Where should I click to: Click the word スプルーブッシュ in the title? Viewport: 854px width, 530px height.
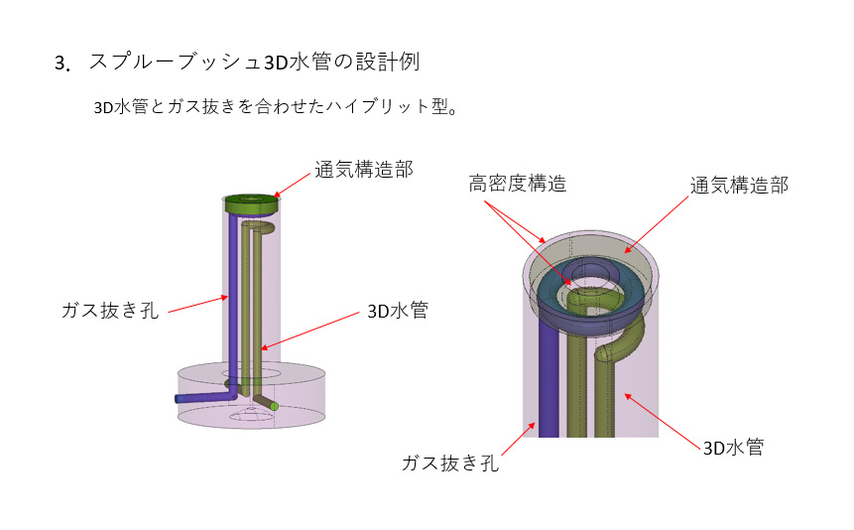coord(176,62)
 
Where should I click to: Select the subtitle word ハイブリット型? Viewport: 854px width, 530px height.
coord(386,106)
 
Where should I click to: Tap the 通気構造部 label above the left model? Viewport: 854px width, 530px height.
coord(364,170)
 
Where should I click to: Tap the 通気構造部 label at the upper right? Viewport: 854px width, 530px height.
coord(739,186)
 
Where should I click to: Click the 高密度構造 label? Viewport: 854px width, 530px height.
coord(518,184)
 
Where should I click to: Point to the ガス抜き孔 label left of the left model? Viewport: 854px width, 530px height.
coord(110,310)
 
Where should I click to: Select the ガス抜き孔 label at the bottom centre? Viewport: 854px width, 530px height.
coord(450,463)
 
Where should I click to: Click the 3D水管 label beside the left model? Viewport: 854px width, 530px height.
coord(398,311)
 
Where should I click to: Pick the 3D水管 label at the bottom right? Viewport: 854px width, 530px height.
coord(733,448)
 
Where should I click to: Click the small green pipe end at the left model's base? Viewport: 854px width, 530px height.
coord(274,406)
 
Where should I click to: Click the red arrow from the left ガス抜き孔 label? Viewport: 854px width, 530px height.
coord(198,305)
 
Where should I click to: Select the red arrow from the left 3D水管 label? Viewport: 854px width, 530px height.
coord(309,331)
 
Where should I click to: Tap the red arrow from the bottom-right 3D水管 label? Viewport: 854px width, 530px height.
coord(663,421)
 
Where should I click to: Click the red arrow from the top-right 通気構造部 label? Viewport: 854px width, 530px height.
coord(657,224)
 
